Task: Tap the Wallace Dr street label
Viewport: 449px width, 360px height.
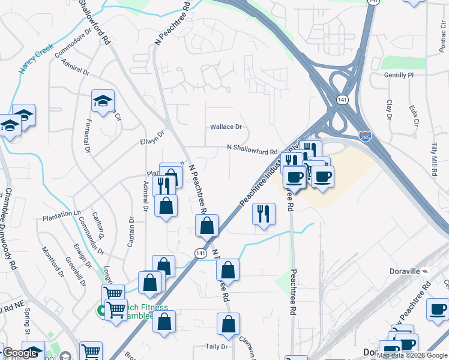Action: point(226,127)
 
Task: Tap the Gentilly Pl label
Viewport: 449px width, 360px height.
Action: point(400,76)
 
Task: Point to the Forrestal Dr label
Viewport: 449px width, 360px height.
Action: point(88,134)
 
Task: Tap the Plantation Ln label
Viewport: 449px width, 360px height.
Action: point(61,214)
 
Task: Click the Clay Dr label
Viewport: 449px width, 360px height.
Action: point(389,110)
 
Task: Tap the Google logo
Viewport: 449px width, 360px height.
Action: point(20,353)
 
